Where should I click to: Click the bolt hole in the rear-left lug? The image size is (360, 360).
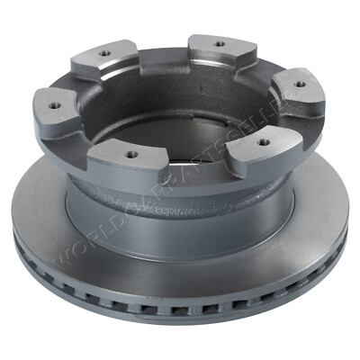(105, 53)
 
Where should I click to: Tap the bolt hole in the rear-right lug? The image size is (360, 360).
(218, 42)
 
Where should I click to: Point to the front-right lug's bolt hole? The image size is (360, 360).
(261, 141)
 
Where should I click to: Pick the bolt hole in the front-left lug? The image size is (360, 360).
(131, 154)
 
